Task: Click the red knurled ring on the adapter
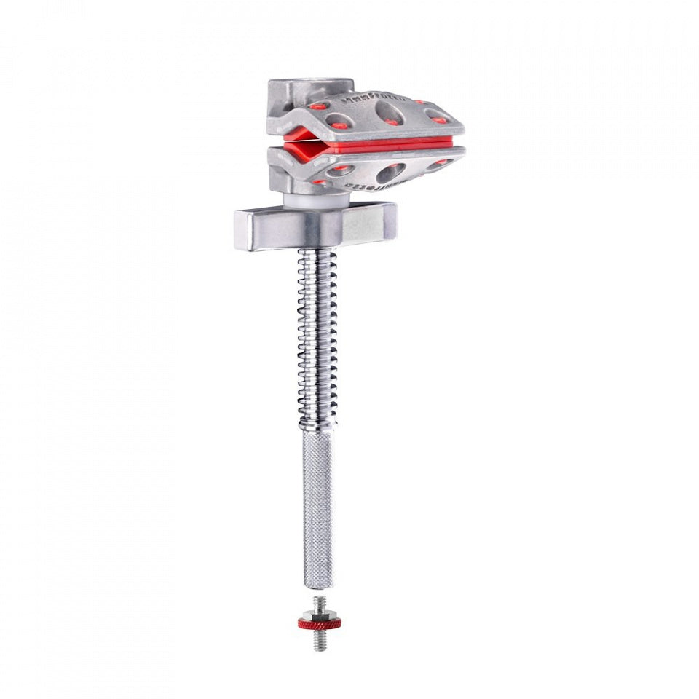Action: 318,624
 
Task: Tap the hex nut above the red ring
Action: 319,614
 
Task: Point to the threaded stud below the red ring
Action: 318,639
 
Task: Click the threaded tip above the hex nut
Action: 319,602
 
